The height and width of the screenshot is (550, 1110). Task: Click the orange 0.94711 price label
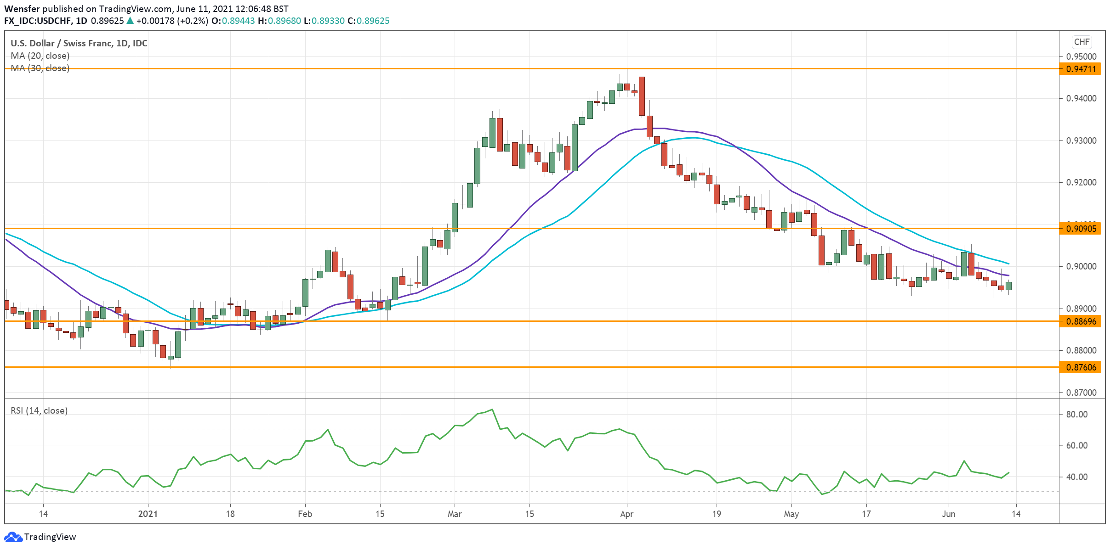coord(1081,69)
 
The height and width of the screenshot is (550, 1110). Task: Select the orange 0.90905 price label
coord(1081,229)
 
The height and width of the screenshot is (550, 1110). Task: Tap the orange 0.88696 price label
coord(1081,321)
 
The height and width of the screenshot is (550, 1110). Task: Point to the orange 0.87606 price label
coord(1081,367)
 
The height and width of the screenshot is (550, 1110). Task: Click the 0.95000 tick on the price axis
coord(1081,56)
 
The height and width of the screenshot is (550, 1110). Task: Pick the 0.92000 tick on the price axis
coord(1081,182)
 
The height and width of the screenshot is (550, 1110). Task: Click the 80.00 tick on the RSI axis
coord(1076,414)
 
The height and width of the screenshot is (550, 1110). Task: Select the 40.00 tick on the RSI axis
coord(1076,477)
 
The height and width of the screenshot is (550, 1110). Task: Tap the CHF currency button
coord(1082,42)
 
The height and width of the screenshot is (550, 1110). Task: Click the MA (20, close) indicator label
coord(40,56)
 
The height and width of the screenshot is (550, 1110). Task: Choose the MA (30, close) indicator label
coord(40,68)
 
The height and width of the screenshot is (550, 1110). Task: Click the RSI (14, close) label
coord(39,410)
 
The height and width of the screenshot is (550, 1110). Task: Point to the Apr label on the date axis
coord(626,514)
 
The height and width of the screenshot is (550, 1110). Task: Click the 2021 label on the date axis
coord(148,514)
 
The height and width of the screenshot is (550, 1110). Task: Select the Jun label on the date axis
coord(948,514)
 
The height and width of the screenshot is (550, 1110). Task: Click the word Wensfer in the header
coord(22,9)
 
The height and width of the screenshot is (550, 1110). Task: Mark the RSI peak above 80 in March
coord(492,410)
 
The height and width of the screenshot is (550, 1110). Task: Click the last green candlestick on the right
coord(1008,286)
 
